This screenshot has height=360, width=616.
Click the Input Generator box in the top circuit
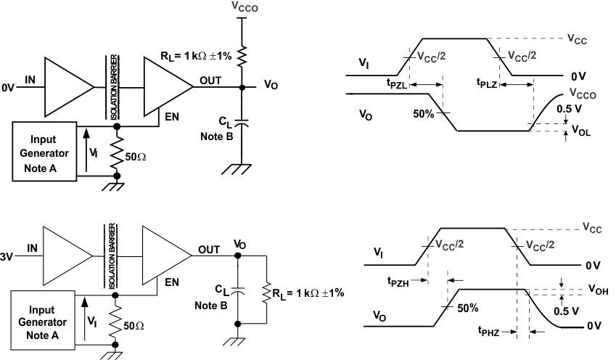click(44, 151)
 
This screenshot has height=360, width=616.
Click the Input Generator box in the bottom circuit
click(42, 318)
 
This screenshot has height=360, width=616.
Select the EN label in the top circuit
click(172, 114)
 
